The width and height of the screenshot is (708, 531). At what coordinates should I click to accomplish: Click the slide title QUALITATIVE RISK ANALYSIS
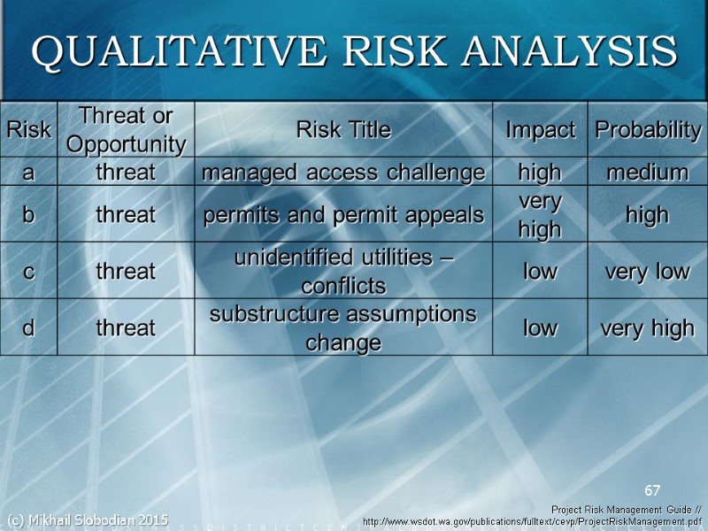[354, 51]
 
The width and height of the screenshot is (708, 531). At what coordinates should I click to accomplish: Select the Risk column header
[28, 129]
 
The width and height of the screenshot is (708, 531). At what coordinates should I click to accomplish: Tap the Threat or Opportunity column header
[126, 129]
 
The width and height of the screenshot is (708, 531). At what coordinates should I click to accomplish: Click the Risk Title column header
[343, 129]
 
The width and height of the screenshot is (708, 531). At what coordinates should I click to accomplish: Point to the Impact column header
[540, 129]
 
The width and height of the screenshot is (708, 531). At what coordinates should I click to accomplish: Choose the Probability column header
[648, 129]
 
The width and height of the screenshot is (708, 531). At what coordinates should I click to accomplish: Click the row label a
[28, 172]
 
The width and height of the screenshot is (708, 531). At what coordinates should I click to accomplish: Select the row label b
[28, 214]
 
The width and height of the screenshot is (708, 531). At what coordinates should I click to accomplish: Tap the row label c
[28, 271]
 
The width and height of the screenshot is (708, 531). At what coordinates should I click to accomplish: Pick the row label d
[28, 327]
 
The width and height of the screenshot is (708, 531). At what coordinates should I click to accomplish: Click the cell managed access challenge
[343, 172]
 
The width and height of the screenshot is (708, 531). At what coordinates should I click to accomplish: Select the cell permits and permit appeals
[343, 214]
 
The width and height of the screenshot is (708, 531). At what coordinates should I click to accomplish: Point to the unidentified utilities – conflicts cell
[343, 272]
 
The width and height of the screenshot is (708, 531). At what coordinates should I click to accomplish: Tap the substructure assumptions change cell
[343, 327]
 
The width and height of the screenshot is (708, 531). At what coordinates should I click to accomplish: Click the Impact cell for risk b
[540, 215]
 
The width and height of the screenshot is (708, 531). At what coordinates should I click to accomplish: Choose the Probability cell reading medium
[648, 172]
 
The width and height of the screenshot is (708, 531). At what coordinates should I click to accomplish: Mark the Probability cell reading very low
[648, 271]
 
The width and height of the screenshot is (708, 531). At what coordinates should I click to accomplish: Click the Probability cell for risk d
[648, 328]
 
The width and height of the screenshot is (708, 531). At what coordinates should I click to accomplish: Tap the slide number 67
[652, 490]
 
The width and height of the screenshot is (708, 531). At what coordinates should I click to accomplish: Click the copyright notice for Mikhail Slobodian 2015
[87, 519]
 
